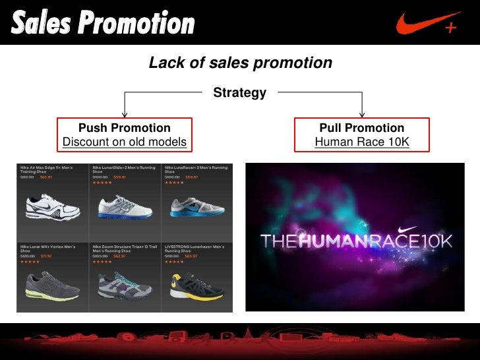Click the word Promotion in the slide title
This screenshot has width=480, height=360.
click(142, 23)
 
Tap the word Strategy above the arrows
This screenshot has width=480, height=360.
click(239, 93)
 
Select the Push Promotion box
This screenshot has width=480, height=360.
click(125, 135)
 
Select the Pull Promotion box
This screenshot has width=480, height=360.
click(362, 135)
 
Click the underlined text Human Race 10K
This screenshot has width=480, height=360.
click(362, 142)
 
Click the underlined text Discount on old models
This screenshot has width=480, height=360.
click(125, 142)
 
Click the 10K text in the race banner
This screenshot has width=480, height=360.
click(435, 242)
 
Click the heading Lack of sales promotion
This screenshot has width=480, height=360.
click(239, 63)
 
